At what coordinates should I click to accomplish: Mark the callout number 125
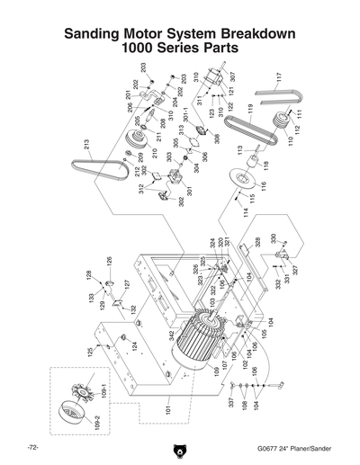point(90,353)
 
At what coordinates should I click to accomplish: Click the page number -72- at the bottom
point(31,447)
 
